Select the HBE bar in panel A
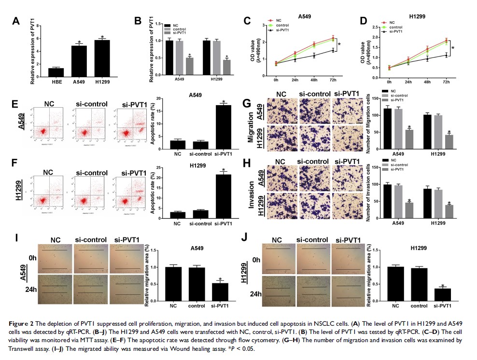pyautogui.click(x=56, y=71)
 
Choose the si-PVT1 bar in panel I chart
pyautogui.click(x=220, y=292)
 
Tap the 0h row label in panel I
pyautogui.click(x=33, y=258)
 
